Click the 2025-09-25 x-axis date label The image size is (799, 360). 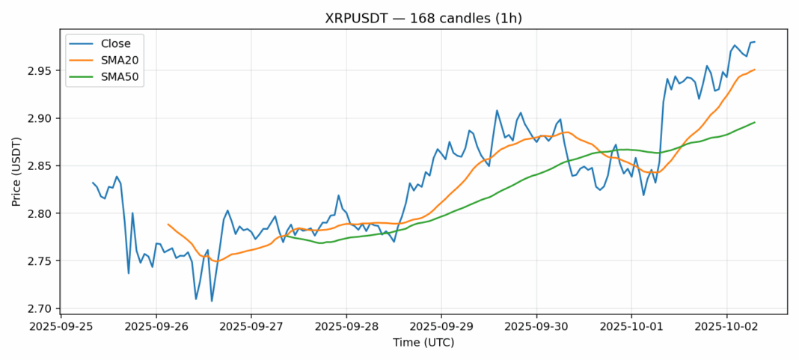tap(61, 327)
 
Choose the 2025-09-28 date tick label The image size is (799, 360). tap(346, 327)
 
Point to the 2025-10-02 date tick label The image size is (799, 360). tap(726, 327)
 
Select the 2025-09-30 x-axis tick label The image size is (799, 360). tap(536, 327)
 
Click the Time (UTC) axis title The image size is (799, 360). tap(423, 343)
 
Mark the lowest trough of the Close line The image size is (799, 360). tap(212, 301)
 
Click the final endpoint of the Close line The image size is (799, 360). tap(754, 42)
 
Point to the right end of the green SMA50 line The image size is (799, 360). tap(754, 122)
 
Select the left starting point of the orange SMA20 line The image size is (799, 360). tap(168, 224)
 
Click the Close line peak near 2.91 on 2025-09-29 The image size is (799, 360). tap(497, 111)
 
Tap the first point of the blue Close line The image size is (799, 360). tap(93, 183)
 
